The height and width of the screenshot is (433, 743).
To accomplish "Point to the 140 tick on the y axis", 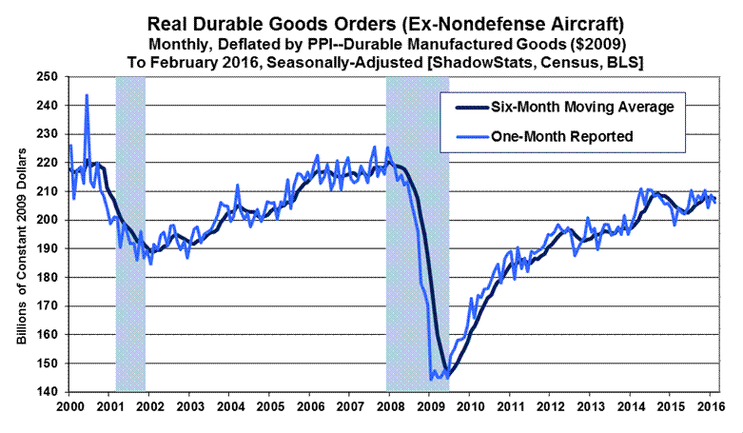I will click(x=46, y=392).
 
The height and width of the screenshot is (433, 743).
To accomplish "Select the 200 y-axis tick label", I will click(x=46, y=220).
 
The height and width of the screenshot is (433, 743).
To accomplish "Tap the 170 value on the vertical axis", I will click(x=46, y=305).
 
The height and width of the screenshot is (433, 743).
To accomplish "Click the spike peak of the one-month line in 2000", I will click(x=88, y=95).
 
